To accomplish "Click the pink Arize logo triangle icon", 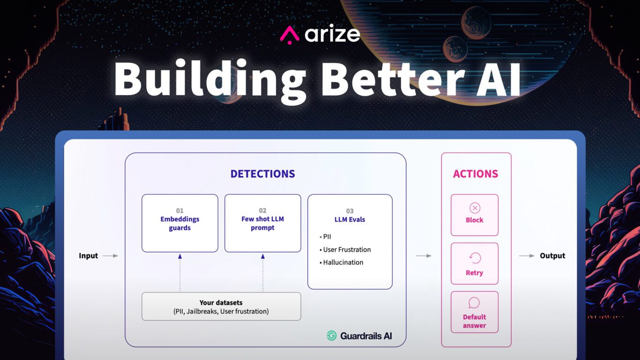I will pos(290,35).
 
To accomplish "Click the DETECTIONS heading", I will pos(262,174).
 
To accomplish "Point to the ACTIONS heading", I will pos(475,174).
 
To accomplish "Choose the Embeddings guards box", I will pos(179,223).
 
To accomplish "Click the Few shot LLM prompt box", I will pos(262,223).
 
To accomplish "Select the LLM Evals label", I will pos(350,219).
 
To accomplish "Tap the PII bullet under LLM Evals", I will pos(326,237).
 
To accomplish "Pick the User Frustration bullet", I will pos(346,249).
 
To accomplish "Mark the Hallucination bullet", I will pos(342,262).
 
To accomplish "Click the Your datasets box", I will pos(221,307).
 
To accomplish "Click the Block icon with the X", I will pos(475,208).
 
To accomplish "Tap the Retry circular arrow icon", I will pos(475,258).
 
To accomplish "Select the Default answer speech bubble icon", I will pos(474,303).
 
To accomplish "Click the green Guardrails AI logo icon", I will pos(332,336).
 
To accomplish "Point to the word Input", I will pos(88,256).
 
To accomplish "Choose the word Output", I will pos(552,256).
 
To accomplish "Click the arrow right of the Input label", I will pos(110,256).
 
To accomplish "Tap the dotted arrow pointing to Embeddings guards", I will pos(179,272).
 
